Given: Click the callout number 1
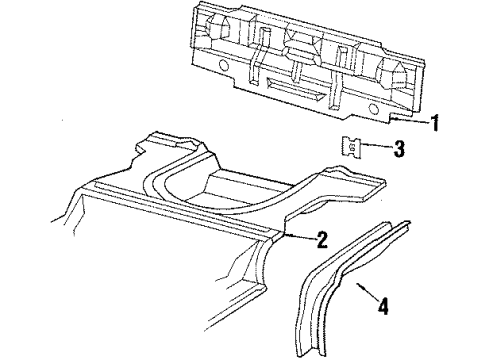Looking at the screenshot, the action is coord(435,124).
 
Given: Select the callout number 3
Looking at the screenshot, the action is coord(400,150).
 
